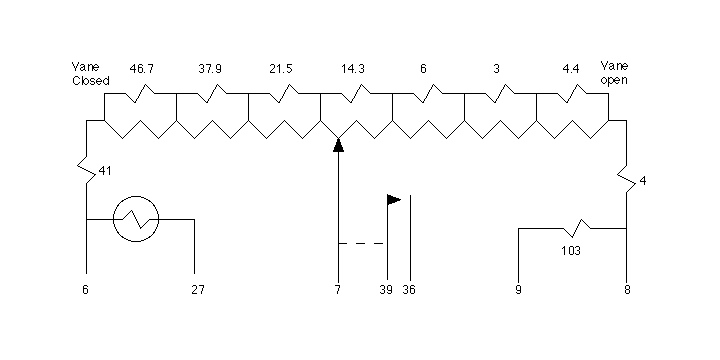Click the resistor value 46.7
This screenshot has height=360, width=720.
click(x=141, y=69)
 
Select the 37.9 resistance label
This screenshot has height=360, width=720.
click(x=210, y=69)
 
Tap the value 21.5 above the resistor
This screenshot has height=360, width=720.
click(x=281, y=69)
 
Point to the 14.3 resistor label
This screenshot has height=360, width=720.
click(x=353, y=69)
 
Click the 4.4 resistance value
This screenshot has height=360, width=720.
click(x=571, y=69)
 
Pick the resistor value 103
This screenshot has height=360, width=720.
click(x=571, y=251)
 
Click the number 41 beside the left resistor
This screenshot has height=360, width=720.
click(x=105, y=171)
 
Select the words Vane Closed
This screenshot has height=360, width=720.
click(x=90, y=74)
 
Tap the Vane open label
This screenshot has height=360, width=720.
click(x=614, y=73)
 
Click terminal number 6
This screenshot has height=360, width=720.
click(x=85, y=290)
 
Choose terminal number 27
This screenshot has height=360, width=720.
click(x=198, y=290)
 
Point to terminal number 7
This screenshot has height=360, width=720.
click(x=338, y=290)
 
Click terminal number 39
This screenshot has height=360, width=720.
click(x=386, y=290)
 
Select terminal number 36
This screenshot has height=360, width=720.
click(x=409, y=290)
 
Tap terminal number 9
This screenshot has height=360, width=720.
click(x=518, y=290)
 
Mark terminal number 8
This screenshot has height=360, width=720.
click(x=627, y=290)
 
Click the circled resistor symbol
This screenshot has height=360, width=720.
click(x=136, y=197)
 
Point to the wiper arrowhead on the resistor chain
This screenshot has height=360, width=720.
click(x=338, y=145)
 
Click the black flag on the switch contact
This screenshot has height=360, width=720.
click(x=394, y=200)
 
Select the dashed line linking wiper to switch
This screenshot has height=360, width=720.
click(x=361, y=243)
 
